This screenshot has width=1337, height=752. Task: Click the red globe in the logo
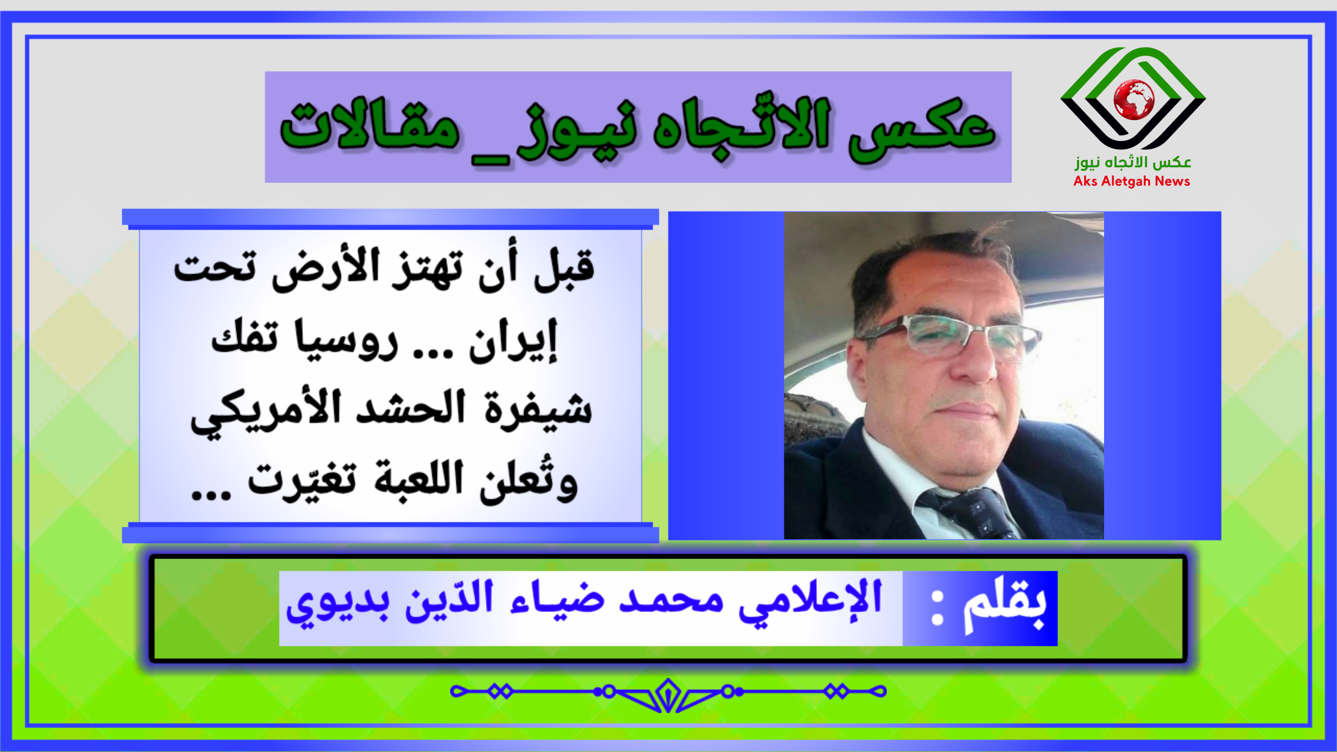[1134, 100]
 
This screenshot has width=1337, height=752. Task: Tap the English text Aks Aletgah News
[1132, 181]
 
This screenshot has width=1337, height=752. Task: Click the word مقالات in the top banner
[370, 125]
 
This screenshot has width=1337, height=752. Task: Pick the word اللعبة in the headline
[418, 478]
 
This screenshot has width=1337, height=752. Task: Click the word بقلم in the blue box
[1005, 606]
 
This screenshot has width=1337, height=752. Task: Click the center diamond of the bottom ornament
[668, 695]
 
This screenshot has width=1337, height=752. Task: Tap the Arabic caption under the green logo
[1133, 162]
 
